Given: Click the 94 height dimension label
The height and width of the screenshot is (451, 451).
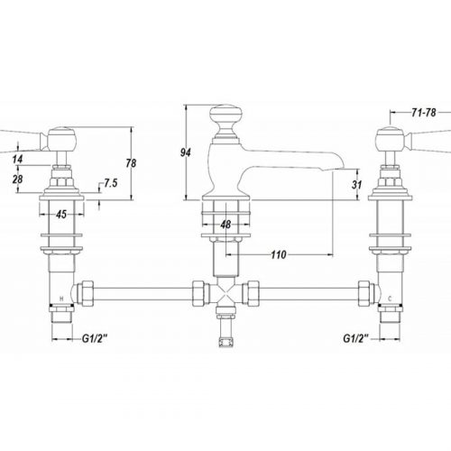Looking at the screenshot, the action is click(186, 152).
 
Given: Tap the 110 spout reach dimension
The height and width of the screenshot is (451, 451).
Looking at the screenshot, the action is click(279, 255).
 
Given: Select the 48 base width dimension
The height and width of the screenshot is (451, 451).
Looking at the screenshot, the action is click(225, 225).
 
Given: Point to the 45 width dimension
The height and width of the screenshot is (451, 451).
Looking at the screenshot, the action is click(61, 215).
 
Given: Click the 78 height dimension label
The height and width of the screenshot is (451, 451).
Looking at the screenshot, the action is click(131, 163).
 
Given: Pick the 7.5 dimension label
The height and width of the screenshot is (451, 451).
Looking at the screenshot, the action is click(111, 183).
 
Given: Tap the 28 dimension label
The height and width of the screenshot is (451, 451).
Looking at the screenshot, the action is click(17, 179).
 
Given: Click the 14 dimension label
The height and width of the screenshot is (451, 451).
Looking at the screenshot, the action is click(17, 159).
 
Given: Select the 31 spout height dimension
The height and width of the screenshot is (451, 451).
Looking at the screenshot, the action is click(356, 184).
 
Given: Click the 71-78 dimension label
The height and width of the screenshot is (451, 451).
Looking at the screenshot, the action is click(424, 113).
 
